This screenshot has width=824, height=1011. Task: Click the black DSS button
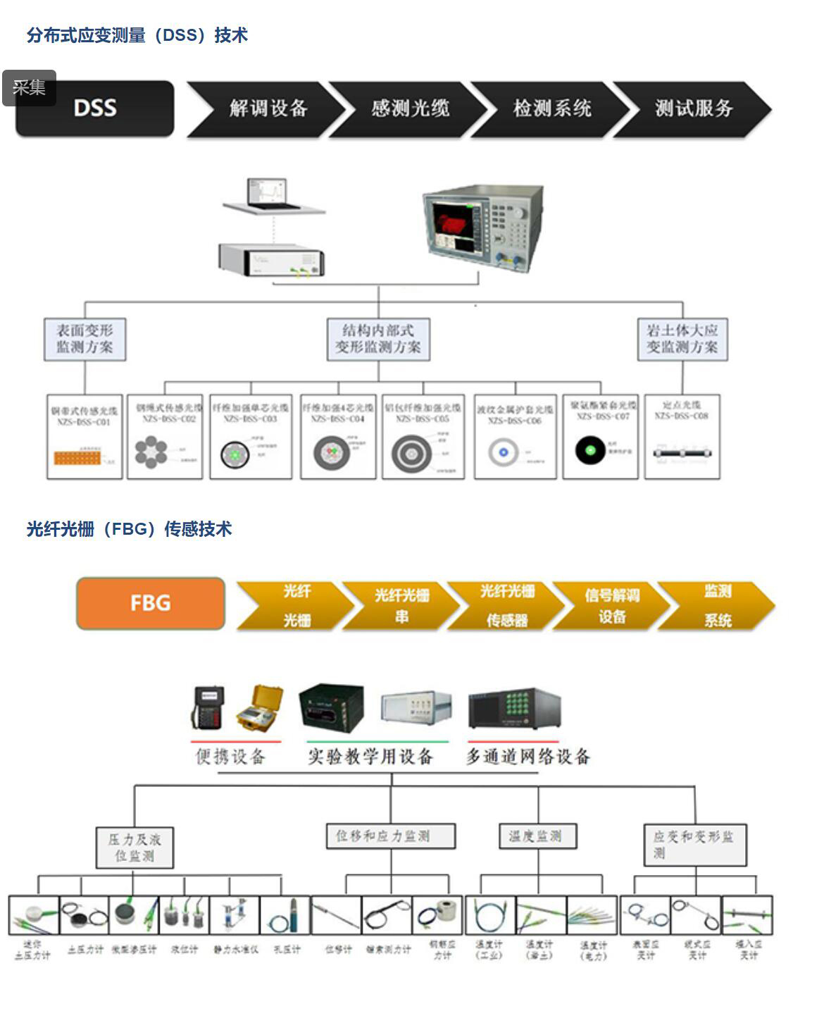click(x=95, y=108)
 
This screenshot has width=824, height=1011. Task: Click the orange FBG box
click(x=150, y=603)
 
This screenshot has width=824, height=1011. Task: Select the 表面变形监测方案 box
click(x=85, y=339)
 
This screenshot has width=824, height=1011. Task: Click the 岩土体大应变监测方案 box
click(x=682, y=339)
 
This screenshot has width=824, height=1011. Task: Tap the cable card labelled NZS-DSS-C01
click(x=84, y=437)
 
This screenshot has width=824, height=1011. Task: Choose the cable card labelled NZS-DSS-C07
click(x=600, y=437)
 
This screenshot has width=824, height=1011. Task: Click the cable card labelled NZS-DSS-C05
click(x=423, y=437)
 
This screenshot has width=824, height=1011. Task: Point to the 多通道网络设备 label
click(x=528, y=757)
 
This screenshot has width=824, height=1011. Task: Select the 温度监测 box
click(x=537, y=836)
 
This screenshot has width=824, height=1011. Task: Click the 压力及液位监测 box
click(x=135, y=847)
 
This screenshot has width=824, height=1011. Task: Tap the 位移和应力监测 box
click(x=390, y=836)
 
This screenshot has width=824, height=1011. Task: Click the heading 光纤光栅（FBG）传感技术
click(x=129, y=529)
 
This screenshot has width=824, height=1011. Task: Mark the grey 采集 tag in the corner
click(x=29, y=87)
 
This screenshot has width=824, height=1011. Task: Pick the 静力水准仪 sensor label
click(x=235, y=950)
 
